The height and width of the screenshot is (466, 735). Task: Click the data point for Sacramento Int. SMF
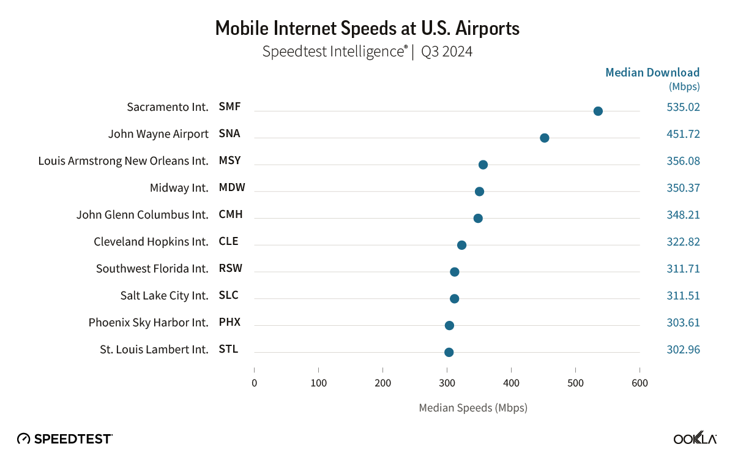coord(598,111)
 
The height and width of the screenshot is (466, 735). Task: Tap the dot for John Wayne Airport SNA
coord(544,138)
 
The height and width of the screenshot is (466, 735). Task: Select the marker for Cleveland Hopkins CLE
coord(461,245)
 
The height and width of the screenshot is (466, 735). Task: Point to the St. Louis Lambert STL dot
coord(449,352)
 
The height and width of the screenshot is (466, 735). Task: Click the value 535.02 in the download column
coord(683,107)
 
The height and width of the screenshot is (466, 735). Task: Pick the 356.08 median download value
coord(683,161)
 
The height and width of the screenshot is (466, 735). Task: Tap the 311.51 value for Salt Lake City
coord(683,296)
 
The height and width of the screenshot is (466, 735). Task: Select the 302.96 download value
coord(683,350)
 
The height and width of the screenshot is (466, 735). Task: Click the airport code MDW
coord(232,187)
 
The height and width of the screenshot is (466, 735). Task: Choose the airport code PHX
coord(229,322)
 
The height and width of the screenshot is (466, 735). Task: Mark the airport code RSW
coord(230,268)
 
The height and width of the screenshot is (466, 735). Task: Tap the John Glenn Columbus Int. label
coord(142,215)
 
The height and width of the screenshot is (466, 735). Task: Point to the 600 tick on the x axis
coord(640,383)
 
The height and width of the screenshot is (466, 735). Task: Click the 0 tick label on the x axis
coord(254,383)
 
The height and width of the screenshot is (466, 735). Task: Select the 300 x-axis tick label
coord(447,383)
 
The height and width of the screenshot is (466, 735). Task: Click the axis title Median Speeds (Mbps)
coord(472,408)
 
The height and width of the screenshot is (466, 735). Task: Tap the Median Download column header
coord(652,73)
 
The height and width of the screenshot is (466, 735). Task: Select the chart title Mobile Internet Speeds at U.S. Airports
coord(367,28)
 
